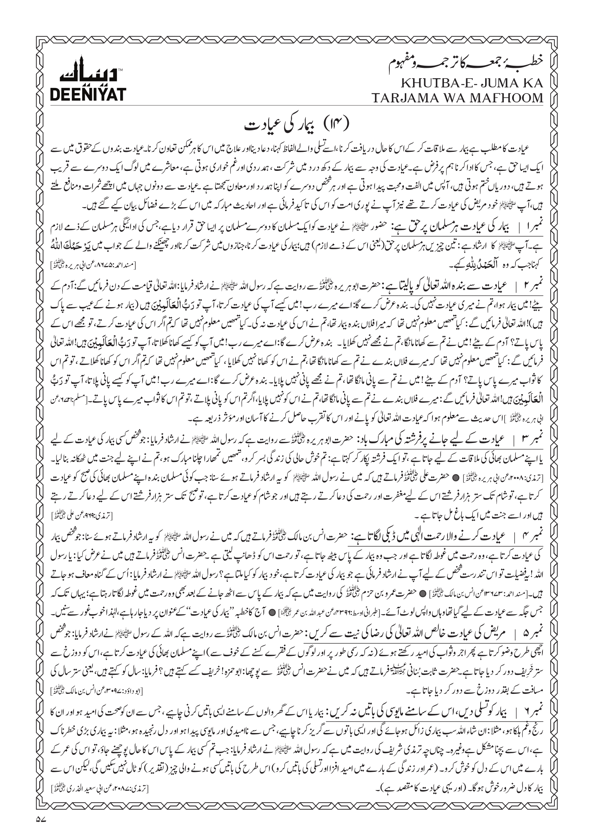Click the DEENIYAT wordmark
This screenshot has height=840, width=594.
(88, 94)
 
